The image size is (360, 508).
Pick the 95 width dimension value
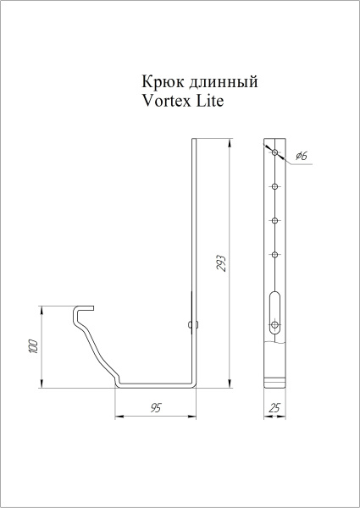[x=157, y=408]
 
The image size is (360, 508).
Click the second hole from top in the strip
[x=274, y=187]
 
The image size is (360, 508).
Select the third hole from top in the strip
[x=274, y=219]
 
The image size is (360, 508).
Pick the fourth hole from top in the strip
[x=274, y=253]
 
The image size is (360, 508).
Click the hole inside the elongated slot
[x=274, y=323]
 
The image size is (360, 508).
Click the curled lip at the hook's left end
[x=80, y=311]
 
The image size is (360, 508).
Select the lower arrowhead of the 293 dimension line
[x=230, y=384]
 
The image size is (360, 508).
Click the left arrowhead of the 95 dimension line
[x=119, y=417]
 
